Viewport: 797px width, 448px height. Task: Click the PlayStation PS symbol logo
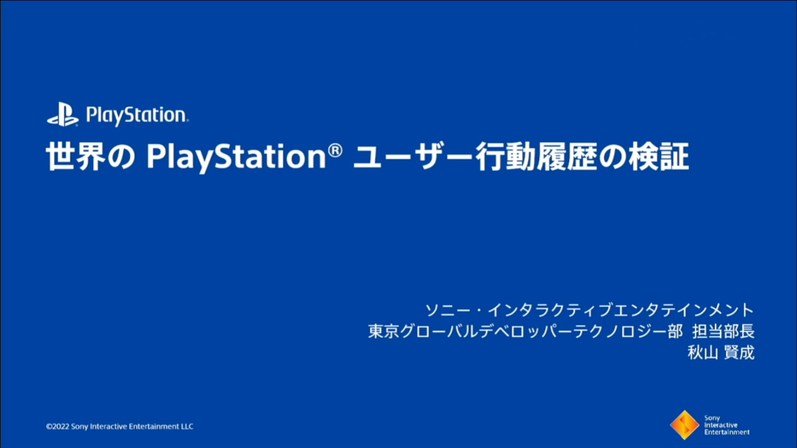click(63, 114)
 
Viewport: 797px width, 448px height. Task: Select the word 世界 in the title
click(76, 156)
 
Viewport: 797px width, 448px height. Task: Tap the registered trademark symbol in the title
click(335, 150)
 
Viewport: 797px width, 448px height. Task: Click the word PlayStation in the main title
click(236, 158)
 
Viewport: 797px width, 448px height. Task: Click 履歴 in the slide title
click(567, 156)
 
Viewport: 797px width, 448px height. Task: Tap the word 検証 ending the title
click(659, 156)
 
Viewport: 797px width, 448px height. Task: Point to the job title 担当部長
click(723, 331)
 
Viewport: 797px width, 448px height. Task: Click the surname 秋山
click(703, 353)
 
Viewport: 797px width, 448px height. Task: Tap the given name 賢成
click(739, 353)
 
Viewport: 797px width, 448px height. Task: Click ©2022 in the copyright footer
click(58, 426)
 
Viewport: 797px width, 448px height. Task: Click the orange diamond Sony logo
click(684, 425)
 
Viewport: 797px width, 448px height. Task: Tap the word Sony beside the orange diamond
click(712, 418)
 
